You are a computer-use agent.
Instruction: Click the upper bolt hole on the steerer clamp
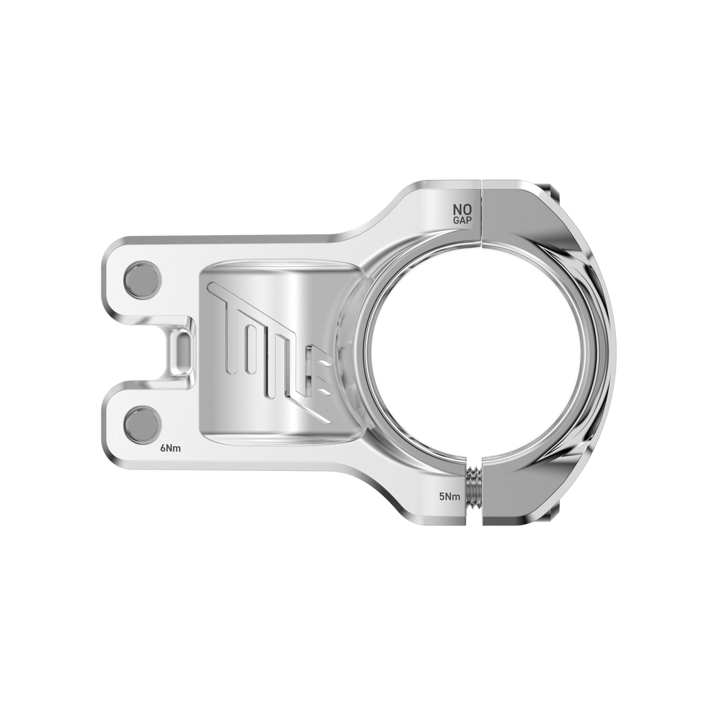(x=143, y=279)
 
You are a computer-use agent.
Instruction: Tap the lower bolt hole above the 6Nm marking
(x=143, y=421)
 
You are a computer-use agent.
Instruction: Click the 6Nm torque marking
(x=170, y=448)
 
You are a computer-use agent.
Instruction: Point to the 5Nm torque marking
(x=450, y=496)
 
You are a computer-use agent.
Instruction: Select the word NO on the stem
(x=462, y=208)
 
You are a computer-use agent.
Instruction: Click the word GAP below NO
(x=462, y=220)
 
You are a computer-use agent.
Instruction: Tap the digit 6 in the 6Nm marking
(x=163, y=448)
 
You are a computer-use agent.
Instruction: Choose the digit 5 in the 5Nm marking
(x=441, y=496)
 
